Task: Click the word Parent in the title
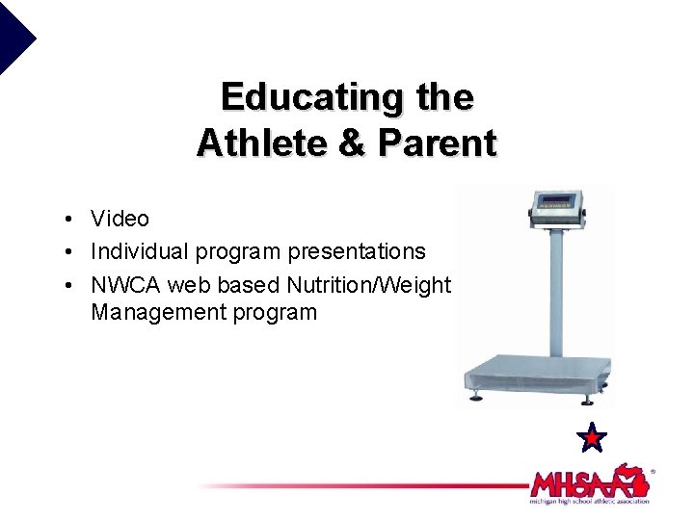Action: pos(438,143)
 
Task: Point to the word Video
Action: pos(120,220)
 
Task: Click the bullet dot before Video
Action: pos(60,221)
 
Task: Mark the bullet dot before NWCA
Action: pos(60,285)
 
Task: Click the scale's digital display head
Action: pos(557,205)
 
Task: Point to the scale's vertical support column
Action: pos(556,289)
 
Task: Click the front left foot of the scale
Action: pos(476,398)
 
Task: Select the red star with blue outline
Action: pos(591,438)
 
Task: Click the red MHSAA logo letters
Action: pos(578,481)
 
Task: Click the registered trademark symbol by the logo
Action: pos(653,472)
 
